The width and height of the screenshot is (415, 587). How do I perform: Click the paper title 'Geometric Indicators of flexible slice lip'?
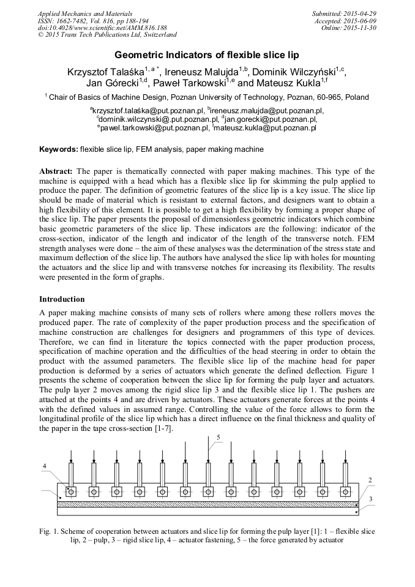[x=207, y=54]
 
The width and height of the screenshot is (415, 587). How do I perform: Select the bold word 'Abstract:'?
[x=56, y=171]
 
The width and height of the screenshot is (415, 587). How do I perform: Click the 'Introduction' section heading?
[x=62, y=299]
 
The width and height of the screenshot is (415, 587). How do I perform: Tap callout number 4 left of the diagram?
[x=44, y=466]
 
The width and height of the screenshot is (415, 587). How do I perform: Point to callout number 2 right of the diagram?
[x=370, y=479]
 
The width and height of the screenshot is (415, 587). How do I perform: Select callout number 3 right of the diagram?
[x=370, y=499]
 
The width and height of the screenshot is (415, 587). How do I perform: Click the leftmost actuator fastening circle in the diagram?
[x=71, y=492]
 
